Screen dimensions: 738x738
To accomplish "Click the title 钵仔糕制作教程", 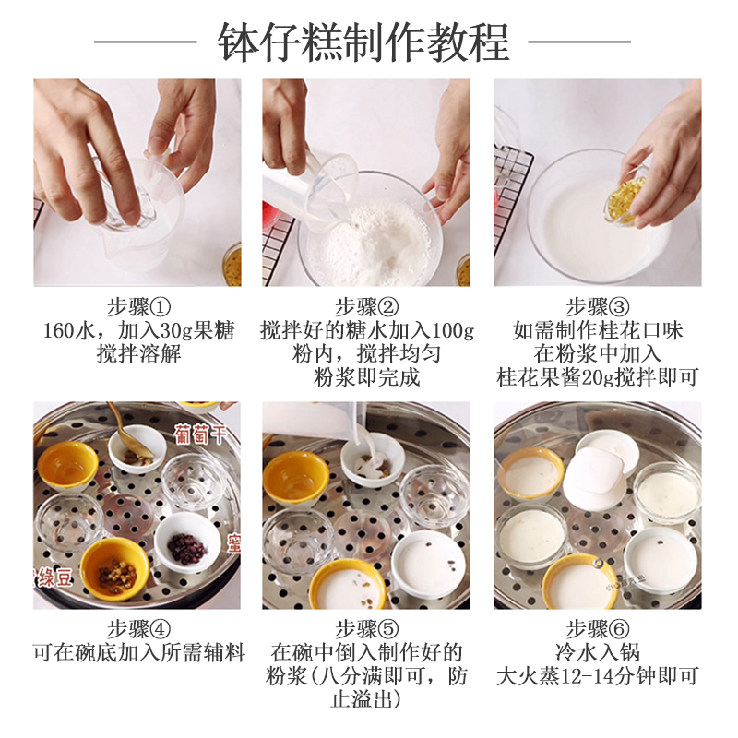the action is click(x=363, y=42).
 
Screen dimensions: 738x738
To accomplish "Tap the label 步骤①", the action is click(x=139, y=307).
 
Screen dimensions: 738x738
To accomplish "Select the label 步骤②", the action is click(x=366, y=307).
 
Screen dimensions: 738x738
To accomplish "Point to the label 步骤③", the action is click(x=597, y=307).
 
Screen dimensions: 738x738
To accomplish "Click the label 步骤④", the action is click(x=139, y=629).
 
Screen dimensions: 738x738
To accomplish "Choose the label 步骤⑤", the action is click(x=366, y=629).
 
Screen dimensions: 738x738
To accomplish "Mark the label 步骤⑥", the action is click(x=597, y=629).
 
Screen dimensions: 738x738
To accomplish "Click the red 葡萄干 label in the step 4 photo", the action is click(x=200, y=434).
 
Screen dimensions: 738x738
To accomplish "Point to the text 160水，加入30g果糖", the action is click(x=139, y=330).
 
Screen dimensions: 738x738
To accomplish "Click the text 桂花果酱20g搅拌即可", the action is click(x=597, y=377).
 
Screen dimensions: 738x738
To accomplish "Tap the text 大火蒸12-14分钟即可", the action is click(x=597, y=676).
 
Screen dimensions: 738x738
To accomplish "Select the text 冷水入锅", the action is click(x=597, y=652).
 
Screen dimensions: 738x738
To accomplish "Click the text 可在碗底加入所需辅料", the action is click(x=139, y=652).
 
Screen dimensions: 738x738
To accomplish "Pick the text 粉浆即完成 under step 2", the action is click(x=366, y=377).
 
